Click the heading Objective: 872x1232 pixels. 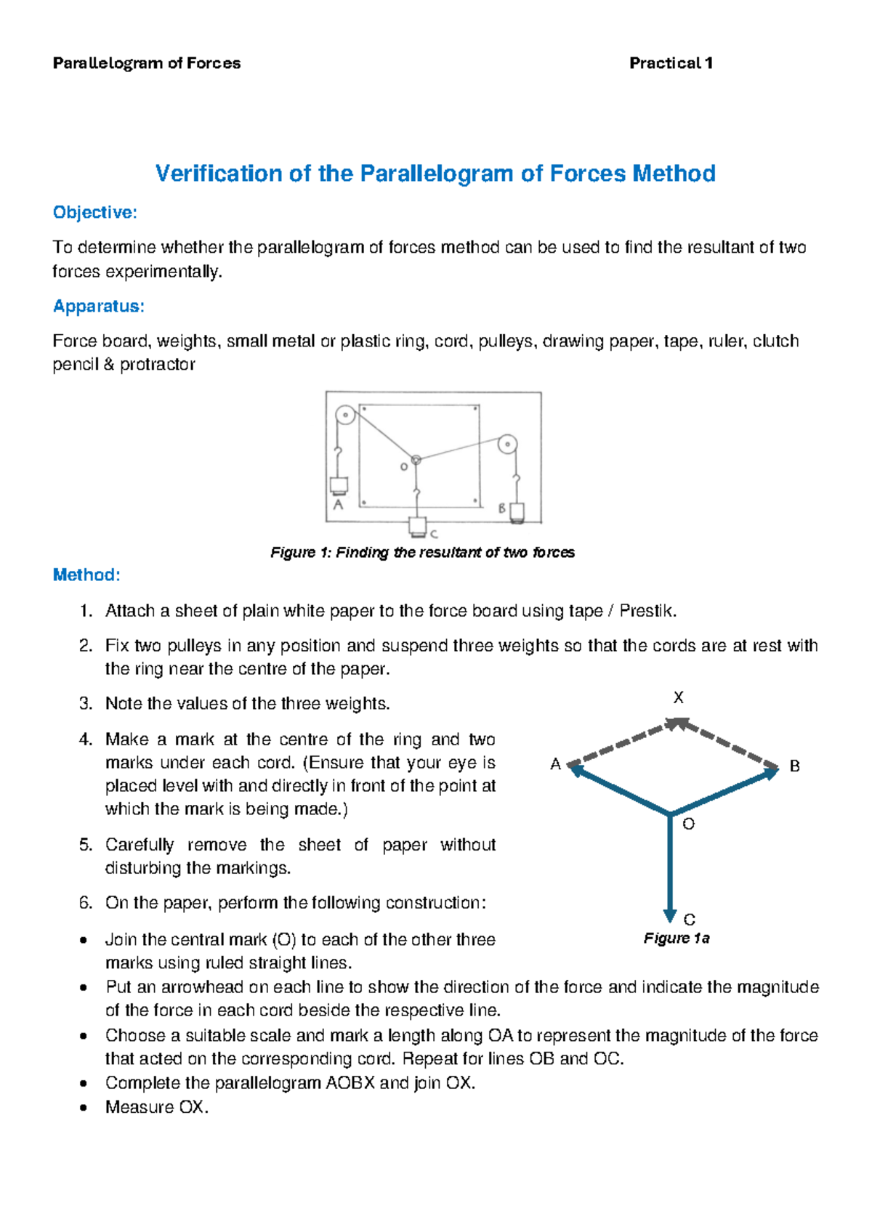pyautogui.click(x=94, y=213)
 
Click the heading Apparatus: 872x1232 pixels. pyautogui.click(x=98, y=307)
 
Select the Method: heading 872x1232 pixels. pyautogui.click(x=86, y=575)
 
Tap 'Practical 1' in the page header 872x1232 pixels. pyautogui.click(x=670, y=63)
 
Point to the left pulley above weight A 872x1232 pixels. pyautogui.click(x=345, y=416)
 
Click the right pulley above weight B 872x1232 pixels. pyautogui.click(x=507, y=443)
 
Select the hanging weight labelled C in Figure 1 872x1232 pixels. pyautogui.click(x=417, y=525)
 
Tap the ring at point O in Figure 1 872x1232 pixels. pyautogui.click(x=416, y=460)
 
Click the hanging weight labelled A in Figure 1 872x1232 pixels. pyautogui.click(x=339, y=485)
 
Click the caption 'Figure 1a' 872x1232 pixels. pyautogui.click(x=676, y=939)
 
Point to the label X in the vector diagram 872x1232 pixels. pyautogui.click(x=678, y=698)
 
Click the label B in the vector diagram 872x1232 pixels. pyautogui.click(x=794, y=766)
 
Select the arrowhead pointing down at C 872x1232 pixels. pyautogui.click(x=670, y=915)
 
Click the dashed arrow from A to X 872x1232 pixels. pyautogui.click(x=621, y=742)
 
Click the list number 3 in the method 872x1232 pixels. pyautogui.click(x=86, y=704)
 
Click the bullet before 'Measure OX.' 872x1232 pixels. pyautogui.click(x=84, y=1108)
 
